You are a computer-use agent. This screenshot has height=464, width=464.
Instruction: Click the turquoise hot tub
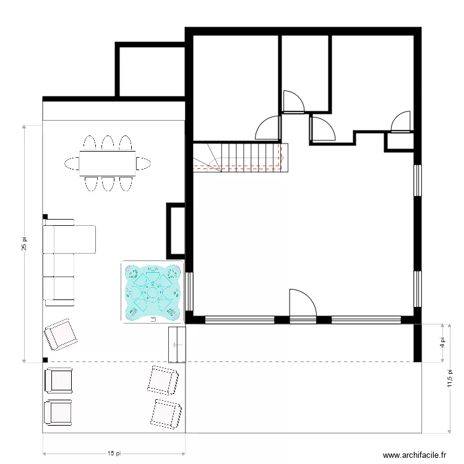click(x=152, y=292)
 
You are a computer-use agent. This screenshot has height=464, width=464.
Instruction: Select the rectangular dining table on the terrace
click(x=108, y=163)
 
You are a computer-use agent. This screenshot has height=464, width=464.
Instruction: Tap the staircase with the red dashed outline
click(x=237, y=157)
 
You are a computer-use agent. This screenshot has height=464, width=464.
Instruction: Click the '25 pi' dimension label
click(x=24, y=244)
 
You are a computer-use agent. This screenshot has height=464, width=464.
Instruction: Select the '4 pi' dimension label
click(x=442, y=342)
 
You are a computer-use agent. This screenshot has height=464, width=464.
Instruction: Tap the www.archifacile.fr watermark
click(x=415, y=455)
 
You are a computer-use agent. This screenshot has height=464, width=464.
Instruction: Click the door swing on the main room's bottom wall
click(x=303, y=303)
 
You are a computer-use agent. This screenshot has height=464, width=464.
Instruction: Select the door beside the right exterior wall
click(x=402, y=122)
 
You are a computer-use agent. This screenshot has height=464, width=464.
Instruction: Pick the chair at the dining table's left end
click(x=71, y=163)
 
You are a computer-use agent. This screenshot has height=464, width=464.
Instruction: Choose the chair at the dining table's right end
click(x=144, y=163)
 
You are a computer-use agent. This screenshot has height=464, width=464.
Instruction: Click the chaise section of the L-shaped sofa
click(x=85, y=239)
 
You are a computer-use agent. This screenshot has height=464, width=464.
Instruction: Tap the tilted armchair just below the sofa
click(x=61, y=335)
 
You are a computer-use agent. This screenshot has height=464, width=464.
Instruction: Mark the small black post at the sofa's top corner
click(x=45, y=217)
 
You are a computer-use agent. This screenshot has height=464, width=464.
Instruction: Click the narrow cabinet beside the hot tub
click(x=177, y=344)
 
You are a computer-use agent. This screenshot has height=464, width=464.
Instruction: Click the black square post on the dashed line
click(x=45, y=360)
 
